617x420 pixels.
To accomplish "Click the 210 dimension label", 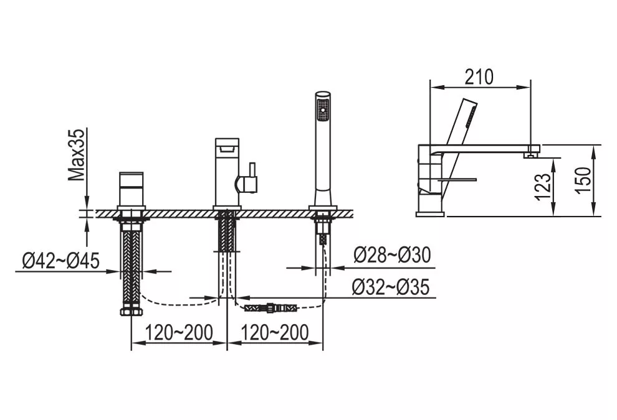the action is click(x=479, y=77).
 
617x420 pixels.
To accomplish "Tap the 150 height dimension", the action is click(x=583, y=180).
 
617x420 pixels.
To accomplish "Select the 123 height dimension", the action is click(x=543, y=187).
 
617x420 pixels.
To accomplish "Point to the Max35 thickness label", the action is click(x=76, y=155).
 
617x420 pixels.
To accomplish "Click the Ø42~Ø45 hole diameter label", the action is click(x=61, y=261).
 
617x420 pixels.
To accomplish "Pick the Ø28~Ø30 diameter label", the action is click(x=392, y=255).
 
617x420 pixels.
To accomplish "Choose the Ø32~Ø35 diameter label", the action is click(x=391, y=287).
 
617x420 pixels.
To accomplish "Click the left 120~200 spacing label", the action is click(x=179, y=333).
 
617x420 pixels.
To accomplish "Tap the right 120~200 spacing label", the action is click(x=275, y=333).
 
